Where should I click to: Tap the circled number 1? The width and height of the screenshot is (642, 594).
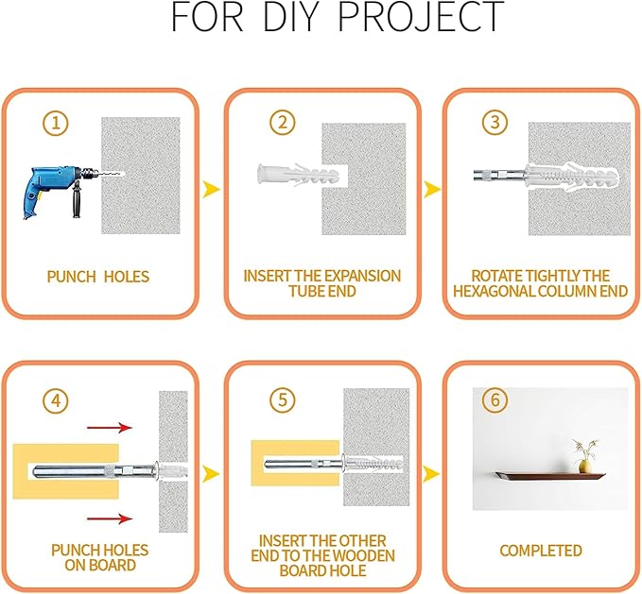[55, 123]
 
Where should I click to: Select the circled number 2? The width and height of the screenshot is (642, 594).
[283, 122]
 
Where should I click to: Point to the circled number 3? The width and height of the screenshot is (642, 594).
[495, 122]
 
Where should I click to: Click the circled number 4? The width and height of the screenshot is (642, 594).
[55, 400]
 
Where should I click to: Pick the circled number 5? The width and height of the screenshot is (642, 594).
[283, 399]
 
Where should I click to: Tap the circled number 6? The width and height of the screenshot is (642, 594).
[495, 399]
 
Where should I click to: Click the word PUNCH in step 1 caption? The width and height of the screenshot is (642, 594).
[71, 277]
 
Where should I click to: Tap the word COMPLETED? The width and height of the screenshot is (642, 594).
[541, 551]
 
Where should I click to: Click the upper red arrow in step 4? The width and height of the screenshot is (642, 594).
[110, 428]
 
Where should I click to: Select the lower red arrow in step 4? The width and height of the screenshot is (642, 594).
[110, 518]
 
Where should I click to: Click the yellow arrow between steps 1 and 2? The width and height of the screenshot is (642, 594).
[211, 189]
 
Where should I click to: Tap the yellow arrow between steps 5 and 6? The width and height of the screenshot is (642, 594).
[431, 474]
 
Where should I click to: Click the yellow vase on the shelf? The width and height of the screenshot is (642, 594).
[584, 467]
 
